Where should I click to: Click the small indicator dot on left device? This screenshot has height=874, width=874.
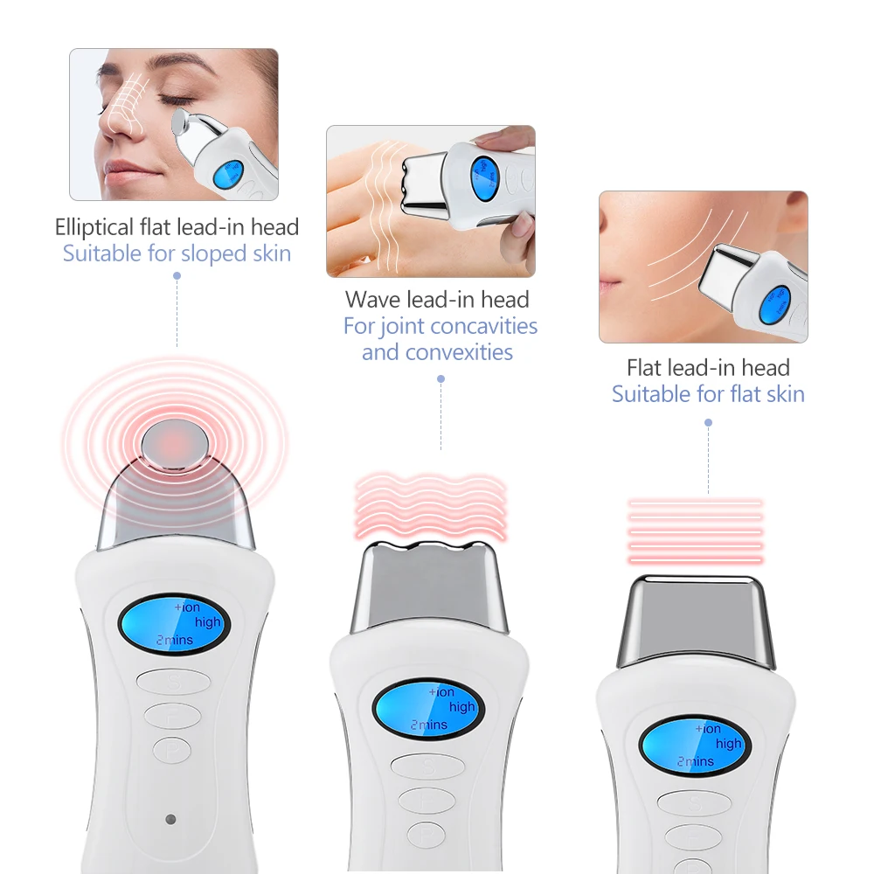pos(170,820)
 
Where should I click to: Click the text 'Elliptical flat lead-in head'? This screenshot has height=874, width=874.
pos(177,227)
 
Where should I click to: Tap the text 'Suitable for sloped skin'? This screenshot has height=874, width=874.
pos(177,253)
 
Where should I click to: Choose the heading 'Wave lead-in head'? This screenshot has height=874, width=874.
pos(437,300)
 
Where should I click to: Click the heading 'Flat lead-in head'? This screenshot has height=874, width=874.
pos(708,368)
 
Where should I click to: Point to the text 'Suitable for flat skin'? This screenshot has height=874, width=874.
pos(708,394)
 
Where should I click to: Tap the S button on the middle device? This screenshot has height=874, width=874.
pos(427,766)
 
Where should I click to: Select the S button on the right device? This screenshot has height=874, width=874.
pos(693,803)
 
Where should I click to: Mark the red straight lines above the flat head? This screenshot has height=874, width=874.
pos(696,531)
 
